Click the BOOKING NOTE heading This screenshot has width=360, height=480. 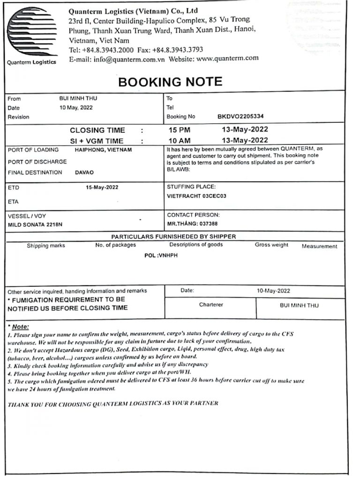170,82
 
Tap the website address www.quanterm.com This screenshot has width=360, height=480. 227,59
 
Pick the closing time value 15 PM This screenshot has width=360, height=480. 180,130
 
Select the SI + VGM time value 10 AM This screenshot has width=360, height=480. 180,140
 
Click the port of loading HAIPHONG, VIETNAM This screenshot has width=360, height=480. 103,150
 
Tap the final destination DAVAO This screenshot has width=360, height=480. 84,172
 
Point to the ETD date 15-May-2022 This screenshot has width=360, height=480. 102,187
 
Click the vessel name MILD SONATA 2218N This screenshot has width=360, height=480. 35,225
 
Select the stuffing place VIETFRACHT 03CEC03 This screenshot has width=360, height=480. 196,196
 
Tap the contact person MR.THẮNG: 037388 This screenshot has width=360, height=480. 192,224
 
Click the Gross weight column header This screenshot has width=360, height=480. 271,245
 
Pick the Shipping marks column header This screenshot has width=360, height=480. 46,246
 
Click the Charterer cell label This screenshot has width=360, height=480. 211,305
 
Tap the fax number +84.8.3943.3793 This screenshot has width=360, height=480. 178,50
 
